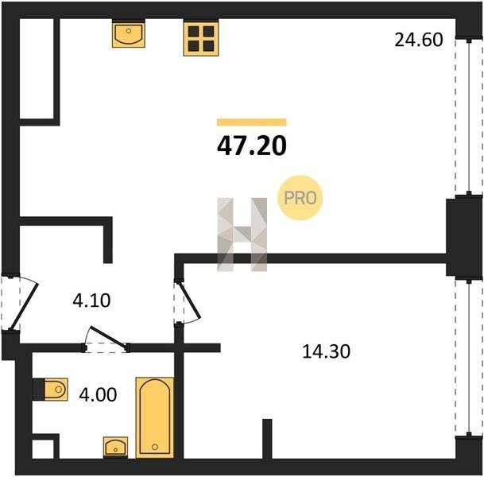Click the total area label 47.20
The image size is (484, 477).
[252, 145]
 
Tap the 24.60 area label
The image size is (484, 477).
[419, 40]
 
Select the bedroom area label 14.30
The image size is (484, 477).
[326, 351]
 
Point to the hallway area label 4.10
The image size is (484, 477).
[91, 301]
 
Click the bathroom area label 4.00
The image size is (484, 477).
[98, 394]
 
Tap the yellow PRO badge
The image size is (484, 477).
[300, 198]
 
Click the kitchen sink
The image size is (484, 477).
[129, 33]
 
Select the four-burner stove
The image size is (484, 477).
[201, 37]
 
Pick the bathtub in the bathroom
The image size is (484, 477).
[155, 417]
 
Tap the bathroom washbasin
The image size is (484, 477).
[115, 448]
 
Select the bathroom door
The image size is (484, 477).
[106, 339]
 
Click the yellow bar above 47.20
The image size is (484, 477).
[252, 122]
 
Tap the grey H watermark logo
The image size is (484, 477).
[242, 235]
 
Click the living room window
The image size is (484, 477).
[469, 117]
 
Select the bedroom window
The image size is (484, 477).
[469, 358]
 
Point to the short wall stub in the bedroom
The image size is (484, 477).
[267, 438]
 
